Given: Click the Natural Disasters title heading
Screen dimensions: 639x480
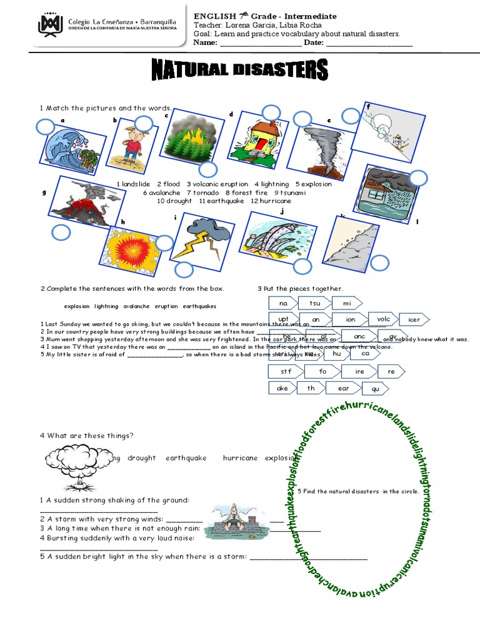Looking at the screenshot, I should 239,70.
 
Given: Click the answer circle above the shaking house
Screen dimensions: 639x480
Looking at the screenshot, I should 271,113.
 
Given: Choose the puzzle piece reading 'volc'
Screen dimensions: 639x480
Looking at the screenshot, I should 383,319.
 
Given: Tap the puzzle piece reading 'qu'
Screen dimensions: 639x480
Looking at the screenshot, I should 376,389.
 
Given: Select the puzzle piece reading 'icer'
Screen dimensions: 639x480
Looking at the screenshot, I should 414,320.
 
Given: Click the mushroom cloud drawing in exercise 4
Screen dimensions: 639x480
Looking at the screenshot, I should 71,469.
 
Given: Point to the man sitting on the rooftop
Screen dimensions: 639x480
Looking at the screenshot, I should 229,518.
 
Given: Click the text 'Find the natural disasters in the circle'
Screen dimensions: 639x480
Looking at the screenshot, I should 358,492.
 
